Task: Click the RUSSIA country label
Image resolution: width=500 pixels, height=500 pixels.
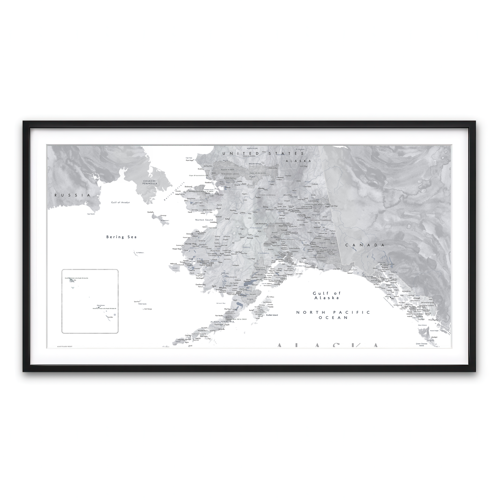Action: [x=69, y=195]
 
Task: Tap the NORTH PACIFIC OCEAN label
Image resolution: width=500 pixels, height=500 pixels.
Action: [x=327, y=315]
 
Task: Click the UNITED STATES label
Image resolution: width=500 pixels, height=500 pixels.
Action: [x=253, y=154]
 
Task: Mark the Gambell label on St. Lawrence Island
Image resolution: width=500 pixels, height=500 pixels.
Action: [x=150, y=212]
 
